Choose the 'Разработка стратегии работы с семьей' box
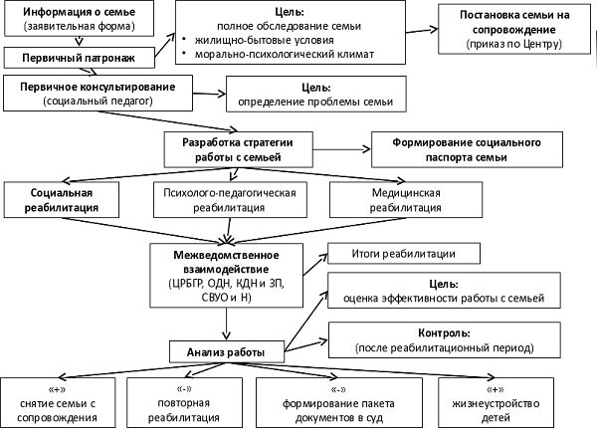[x=231, y=148]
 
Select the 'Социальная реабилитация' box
[x=63, y=201]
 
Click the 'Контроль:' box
[x=443, y=337]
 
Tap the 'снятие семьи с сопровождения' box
[x=63, y=402]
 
